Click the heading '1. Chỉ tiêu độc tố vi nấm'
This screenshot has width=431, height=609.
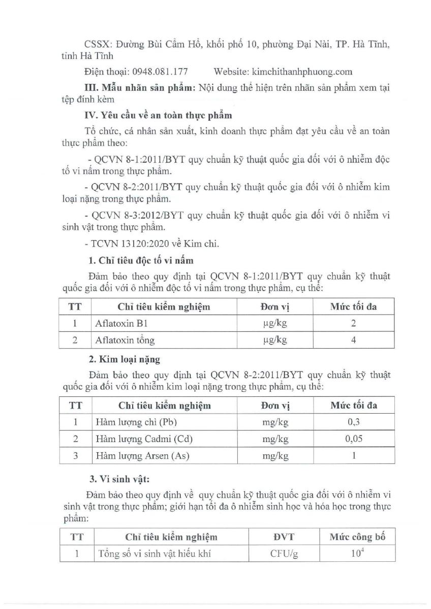141,261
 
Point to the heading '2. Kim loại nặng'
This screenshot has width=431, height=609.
124,359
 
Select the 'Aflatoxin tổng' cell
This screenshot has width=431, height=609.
125,340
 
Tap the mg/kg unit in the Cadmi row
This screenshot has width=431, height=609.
276,439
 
